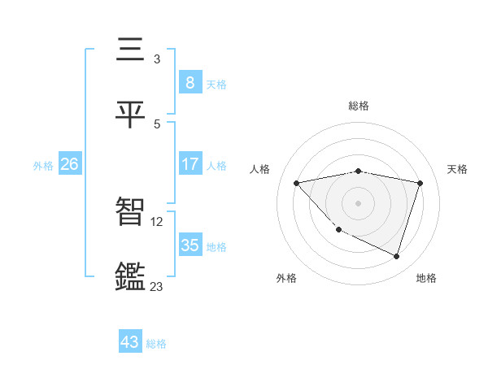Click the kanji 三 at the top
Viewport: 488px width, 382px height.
tap(131, 50)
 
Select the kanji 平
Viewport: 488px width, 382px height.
tap(131, 115)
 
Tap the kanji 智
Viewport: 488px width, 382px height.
tap(131, 212)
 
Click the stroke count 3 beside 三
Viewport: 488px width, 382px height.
tap(157, 59)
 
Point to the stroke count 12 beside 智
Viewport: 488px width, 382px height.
tap(159, 220)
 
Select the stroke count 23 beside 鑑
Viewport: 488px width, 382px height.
tap(157, 286)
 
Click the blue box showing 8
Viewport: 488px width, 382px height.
tap(190, 82)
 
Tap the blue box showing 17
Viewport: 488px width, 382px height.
tap(190, 164)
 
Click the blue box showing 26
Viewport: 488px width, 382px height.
tap(69, 164)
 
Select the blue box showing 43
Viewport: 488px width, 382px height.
tap(130, 342)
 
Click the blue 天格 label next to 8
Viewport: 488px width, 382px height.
tap(216, 84)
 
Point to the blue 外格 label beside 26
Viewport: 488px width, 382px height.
tap(43, 165)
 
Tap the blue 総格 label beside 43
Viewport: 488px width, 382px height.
tap(156, 344)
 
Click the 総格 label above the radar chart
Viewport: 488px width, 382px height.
tap(359, 106)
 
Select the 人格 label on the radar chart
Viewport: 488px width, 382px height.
tap(261, 169)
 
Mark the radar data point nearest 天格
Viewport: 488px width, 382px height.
tap(420, 183)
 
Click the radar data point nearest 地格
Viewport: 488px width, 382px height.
tap(397, 256)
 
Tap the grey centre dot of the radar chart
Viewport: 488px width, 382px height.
tap(358, 203)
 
